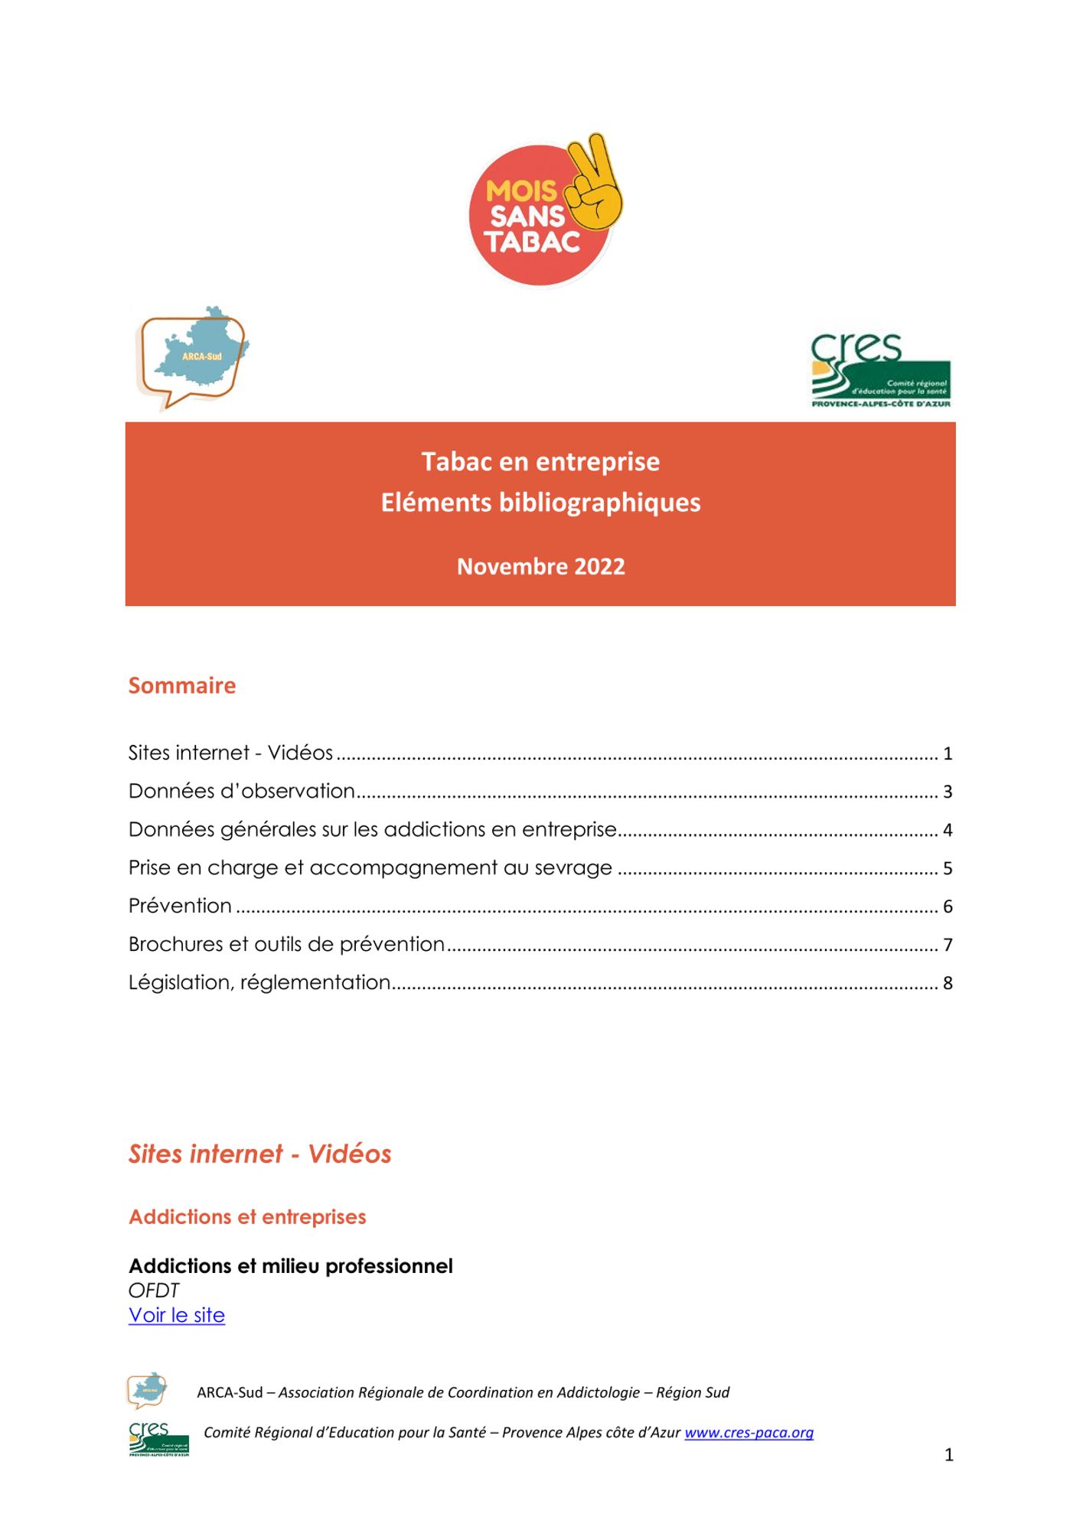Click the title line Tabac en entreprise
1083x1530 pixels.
coord(540,462)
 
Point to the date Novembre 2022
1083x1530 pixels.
coord(540,567)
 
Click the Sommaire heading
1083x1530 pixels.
coord(182,685)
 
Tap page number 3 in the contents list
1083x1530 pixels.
coord(948,792)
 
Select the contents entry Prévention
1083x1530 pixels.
coord(180,906)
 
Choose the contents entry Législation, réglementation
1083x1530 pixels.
coord(259,982)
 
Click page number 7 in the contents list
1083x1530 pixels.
coord(948,945)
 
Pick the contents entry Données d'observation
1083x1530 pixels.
coord(242,791)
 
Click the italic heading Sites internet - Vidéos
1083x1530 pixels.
coord(259,1154)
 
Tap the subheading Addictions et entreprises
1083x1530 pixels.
coord(247,1217)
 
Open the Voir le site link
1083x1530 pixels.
coord(177,1315)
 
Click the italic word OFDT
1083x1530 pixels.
coord(153,1291)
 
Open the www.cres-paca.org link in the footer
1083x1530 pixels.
coord(749,1433)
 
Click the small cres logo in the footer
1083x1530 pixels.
coord(158,1439)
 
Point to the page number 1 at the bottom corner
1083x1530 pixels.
coord(949,1455)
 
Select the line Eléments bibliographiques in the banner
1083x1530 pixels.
coord(540,503)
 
